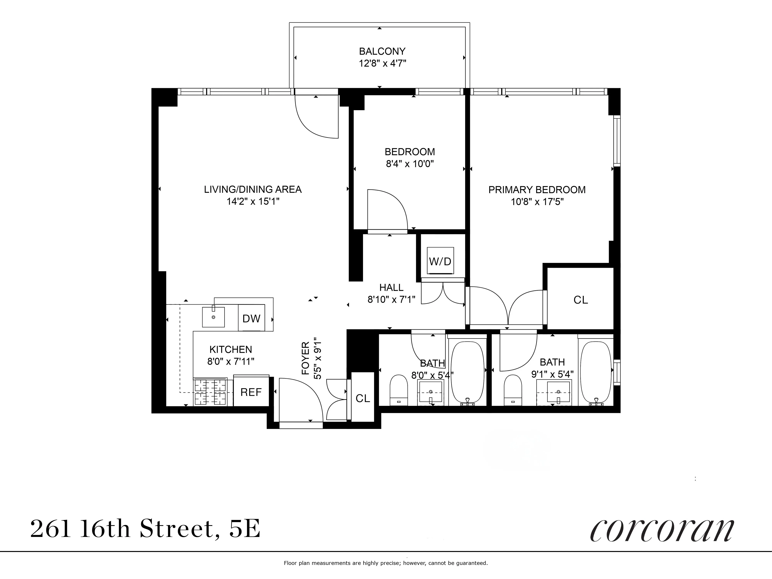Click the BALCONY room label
click(382, 51)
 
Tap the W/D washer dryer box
click(440, 261)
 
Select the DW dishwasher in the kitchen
click(251, 318)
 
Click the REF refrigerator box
click(251, 392)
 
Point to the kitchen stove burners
click(210, 392)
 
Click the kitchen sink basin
click(213, 317)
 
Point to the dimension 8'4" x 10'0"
click(410, 164)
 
